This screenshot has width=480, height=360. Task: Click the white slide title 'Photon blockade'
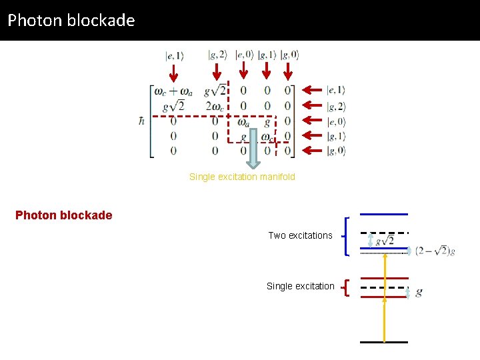pyautogui.click(x=71, y=20)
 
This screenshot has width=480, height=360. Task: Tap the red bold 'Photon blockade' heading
pyautogui.click(x=64, y=215)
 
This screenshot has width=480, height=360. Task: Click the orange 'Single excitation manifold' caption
pyautogui.click(x=242, y=177)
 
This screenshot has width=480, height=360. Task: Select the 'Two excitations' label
pyautogui.click(x=300, y=235)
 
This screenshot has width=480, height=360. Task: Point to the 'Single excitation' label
pyautogui.click(x=301, y=286)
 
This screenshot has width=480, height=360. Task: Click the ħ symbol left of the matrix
pyautogui.click(x=141, y=120)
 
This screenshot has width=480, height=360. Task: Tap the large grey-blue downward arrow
pyautogui.click(x=253, y=149)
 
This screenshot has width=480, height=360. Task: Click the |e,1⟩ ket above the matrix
pyautogui.click(x=175, y=56)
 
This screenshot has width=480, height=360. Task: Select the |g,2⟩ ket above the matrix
pyautogui.click(x=218, y=55)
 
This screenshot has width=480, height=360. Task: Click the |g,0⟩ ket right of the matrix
pyautogui.click(x=336, y=151)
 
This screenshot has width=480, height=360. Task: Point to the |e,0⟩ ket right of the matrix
pyautogui.click(x=336, y=121)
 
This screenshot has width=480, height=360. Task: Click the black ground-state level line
pyautogui.click(x=384, y=342)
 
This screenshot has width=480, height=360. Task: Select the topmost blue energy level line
pyautogui.click(x=384, y=214)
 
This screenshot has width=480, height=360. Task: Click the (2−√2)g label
pyautogui.click(x=435, y=251)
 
